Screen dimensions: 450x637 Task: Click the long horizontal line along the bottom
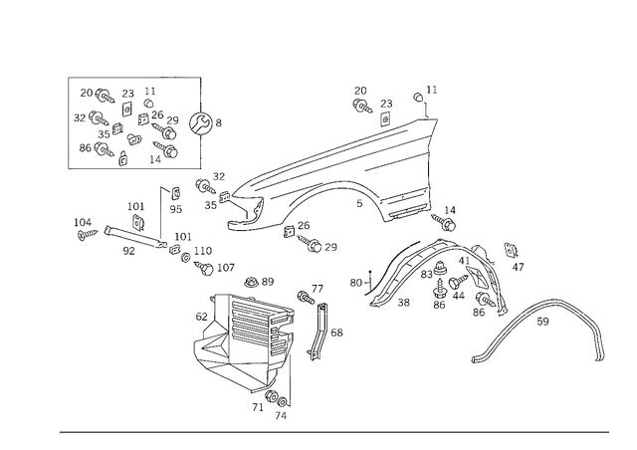(x=333, y=431)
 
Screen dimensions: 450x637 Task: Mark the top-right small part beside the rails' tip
(x=428, y=99)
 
